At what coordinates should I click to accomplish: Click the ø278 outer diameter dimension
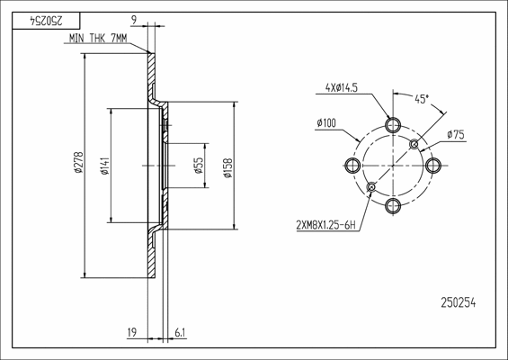[x=78, y=165]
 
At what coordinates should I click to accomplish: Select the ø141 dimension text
[x=104, y=165]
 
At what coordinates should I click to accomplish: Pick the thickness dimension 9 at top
[x=134, y=18]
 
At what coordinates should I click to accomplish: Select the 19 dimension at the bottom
[x=132, y=333]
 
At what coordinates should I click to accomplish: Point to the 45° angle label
[x=420, y=98]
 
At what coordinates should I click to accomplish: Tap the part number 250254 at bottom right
[x=458, y=303]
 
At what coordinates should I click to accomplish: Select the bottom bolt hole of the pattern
[x=392, y=207]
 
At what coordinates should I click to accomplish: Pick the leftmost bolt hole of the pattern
[x=351, y=165]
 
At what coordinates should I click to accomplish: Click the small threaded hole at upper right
[x=414, y=144]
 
